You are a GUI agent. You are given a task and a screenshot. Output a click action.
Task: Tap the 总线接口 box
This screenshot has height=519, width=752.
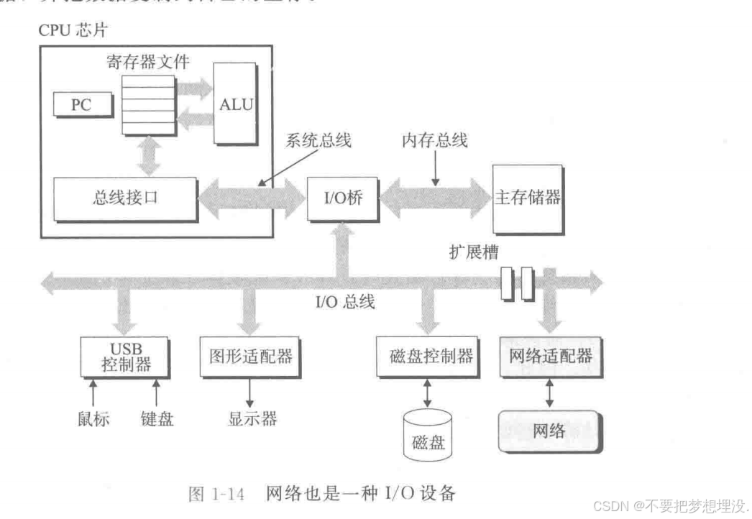125,198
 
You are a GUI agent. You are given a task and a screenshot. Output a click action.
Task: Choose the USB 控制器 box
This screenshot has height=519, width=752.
125,357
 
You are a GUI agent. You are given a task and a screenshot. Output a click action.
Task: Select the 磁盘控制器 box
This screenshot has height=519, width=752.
426,356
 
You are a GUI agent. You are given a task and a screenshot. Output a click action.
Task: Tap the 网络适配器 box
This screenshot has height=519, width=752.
550,356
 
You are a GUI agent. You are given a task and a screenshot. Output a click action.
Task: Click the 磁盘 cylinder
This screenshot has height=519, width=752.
428,434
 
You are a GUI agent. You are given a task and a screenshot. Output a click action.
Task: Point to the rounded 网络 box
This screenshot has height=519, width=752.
549,431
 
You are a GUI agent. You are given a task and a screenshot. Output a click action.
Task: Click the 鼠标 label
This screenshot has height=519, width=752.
93,419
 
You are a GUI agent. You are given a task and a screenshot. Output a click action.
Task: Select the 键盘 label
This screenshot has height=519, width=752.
157,419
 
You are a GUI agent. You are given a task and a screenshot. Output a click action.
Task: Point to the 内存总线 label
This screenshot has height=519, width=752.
434,140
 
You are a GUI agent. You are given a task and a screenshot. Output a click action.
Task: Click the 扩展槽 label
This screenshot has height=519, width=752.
472,253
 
